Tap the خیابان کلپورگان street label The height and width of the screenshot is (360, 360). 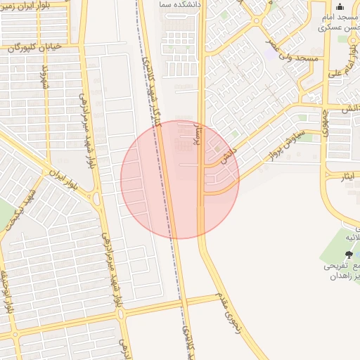[32, 48]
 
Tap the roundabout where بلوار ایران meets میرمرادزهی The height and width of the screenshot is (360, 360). [96, 199]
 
